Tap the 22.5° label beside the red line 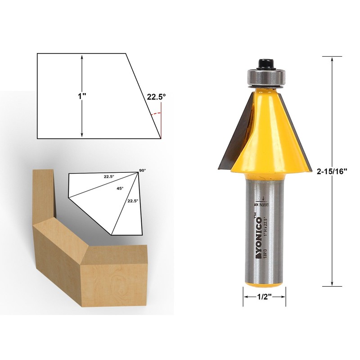pyautogui.click(x=156, y=96)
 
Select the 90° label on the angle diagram pyautogui.click(x=143, y=171)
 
